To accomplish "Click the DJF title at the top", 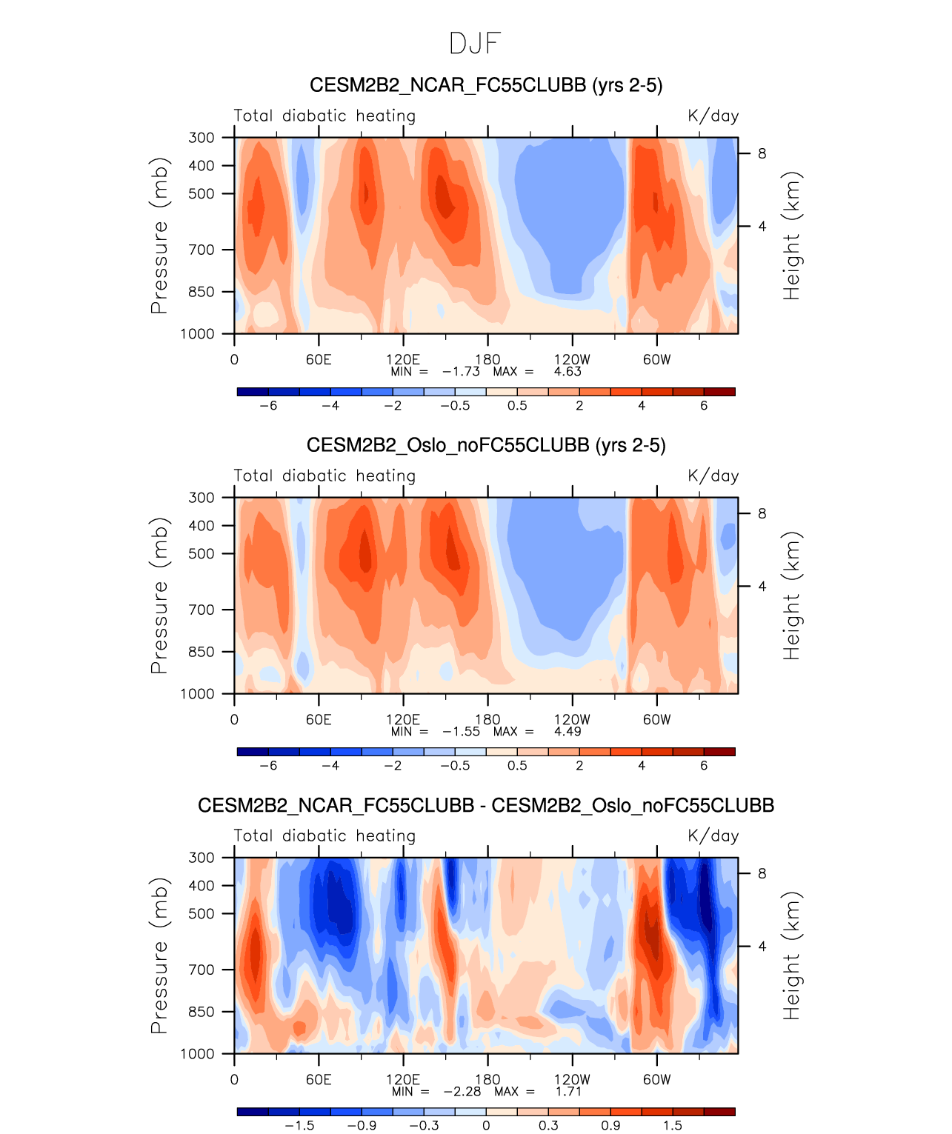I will (x=475, y=44).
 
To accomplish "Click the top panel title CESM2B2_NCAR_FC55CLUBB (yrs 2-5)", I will (x=485, y=85).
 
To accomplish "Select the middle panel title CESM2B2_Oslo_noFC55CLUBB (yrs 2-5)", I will (x=485, y=445).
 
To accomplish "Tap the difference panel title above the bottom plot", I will (x=485, y=805).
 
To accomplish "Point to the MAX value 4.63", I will (x=568, y=371).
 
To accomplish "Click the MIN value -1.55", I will (x=461, y=731).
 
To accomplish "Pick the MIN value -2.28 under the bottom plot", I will (x=462, y=1091).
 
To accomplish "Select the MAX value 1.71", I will (x=568, y=1091).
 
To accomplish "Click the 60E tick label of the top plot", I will (x=319, y=360).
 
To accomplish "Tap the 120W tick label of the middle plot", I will (x=572, y=719).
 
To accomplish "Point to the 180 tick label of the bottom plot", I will (x=487, y=1079).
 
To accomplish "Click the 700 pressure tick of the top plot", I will (x=201, y=250).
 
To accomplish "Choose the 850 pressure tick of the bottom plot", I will (x=201, y=1012).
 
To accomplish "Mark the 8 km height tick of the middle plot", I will (x=762, y=513).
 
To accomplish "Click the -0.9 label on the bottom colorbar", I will (x=362, y=1125).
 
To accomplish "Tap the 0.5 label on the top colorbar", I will (x=517, y=405).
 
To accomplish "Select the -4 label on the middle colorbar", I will (x=330, y=765).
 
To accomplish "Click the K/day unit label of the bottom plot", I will (x=713, y=836).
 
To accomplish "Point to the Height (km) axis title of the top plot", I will (x=792, y=236).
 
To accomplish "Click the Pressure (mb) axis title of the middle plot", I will (x=159, y=596).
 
